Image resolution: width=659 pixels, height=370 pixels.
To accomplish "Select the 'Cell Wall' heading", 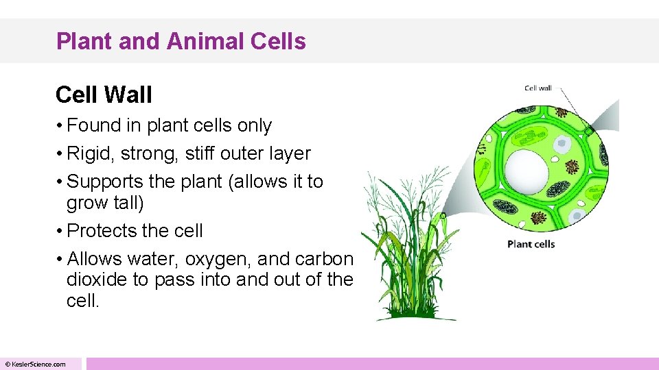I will pos(104,95).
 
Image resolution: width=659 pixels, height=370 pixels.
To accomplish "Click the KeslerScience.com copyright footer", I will pos(36,364).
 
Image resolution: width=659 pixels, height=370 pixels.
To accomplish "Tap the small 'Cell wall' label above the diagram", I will pos(538,88).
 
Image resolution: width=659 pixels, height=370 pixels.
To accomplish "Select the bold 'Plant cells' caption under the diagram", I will pos(531,244).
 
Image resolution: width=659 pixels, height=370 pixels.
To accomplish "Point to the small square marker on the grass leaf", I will pos(443,216).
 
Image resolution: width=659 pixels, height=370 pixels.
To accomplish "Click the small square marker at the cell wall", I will pos(588,129).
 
